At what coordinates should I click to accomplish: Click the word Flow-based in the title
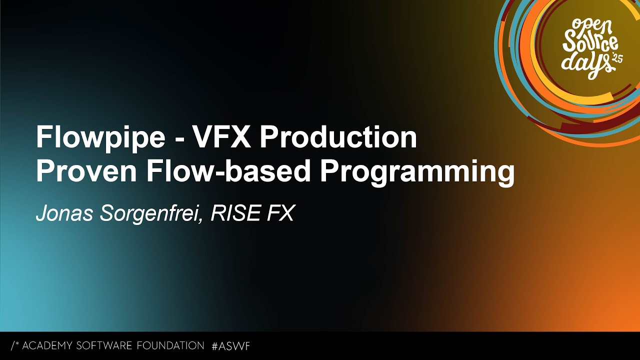tap(227, 172)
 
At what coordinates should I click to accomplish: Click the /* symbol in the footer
tap(14, 345)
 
